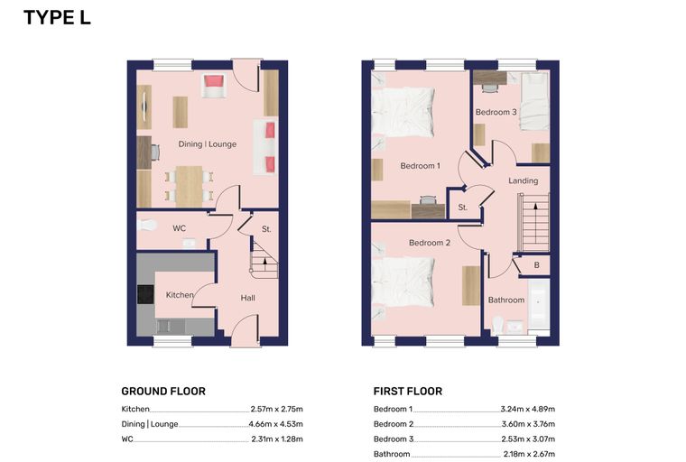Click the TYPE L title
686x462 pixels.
(57, 18)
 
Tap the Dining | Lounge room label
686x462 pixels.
(208, 144)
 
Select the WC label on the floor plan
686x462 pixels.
(179, 228)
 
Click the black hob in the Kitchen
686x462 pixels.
(145, 294)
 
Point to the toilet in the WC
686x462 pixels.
(146, 226)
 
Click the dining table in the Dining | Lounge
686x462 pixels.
(189, 187)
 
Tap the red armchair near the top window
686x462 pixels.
(214, 86)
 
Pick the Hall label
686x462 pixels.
(247, 298)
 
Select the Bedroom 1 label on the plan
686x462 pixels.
(420, 166)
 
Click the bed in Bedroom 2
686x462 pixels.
(403, 282)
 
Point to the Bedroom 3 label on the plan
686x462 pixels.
(496, 112)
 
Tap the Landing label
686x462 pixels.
(524, 180)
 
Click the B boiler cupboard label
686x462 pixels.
(537, 265)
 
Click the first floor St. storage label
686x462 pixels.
(463, 208)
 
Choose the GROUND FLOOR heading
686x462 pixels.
(163, 391)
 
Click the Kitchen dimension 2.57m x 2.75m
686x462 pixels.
(276, 409)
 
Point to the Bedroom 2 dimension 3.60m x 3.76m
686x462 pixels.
(528, 424)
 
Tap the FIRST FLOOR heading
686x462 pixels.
(408, 391)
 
